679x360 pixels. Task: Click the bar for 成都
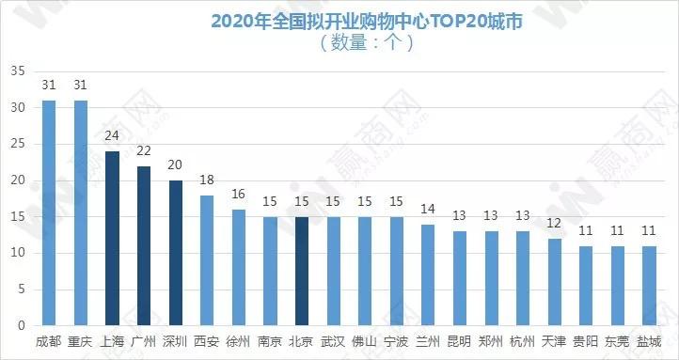[x=49, y=213]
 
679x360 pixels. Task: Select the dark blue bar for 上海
[x=112, y=239]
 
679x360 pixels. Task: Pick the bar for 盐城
[x=647, y=286]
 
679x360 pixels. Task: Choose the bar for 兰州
[x=427, y=274]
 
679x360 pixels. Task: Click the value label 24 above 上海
[x=112, y=135]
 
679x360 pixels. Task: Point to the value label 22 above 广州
[x=144, y=150]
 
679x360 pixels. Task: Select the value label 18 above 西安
[x=207, y=179]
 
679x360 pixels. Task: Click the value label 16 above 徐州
[x=238, y=194]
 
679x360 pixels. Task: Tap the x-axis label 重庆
[x=80, y=341]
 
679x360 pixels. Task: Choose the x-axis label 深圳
[x=175, y=341]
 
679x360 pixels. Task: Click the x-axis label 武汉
[x=332, y=341]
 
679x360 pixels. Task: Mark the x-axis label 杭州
[x=521, y=341]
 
